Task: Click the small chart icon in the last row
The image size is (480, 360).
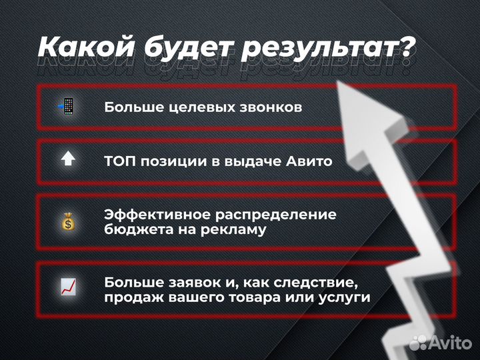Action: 68,287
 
